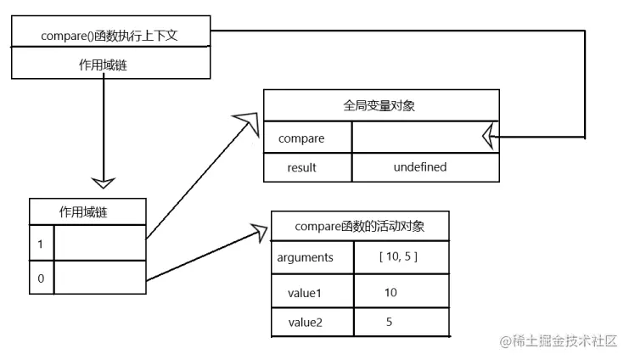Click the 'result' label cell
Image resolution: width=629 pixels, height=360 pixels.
point(302,167)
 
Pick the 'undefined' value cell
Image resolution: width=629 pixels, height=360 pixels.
point(419,167)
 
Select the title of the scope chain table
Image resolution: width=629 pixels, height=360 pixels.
point(87,211)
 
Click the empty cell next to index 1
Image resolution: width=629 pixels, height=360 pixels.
point(99,244)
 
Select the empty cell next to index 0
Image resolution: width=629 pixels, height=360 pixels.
point(99,278)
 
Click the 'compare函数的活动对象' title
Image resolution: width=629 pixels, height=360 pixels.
point(359,227)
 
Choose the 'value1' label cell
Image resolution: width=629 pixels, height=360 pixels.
point(306,292)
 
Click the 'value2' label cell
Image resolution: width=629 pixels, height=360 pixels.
point(306,323)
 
